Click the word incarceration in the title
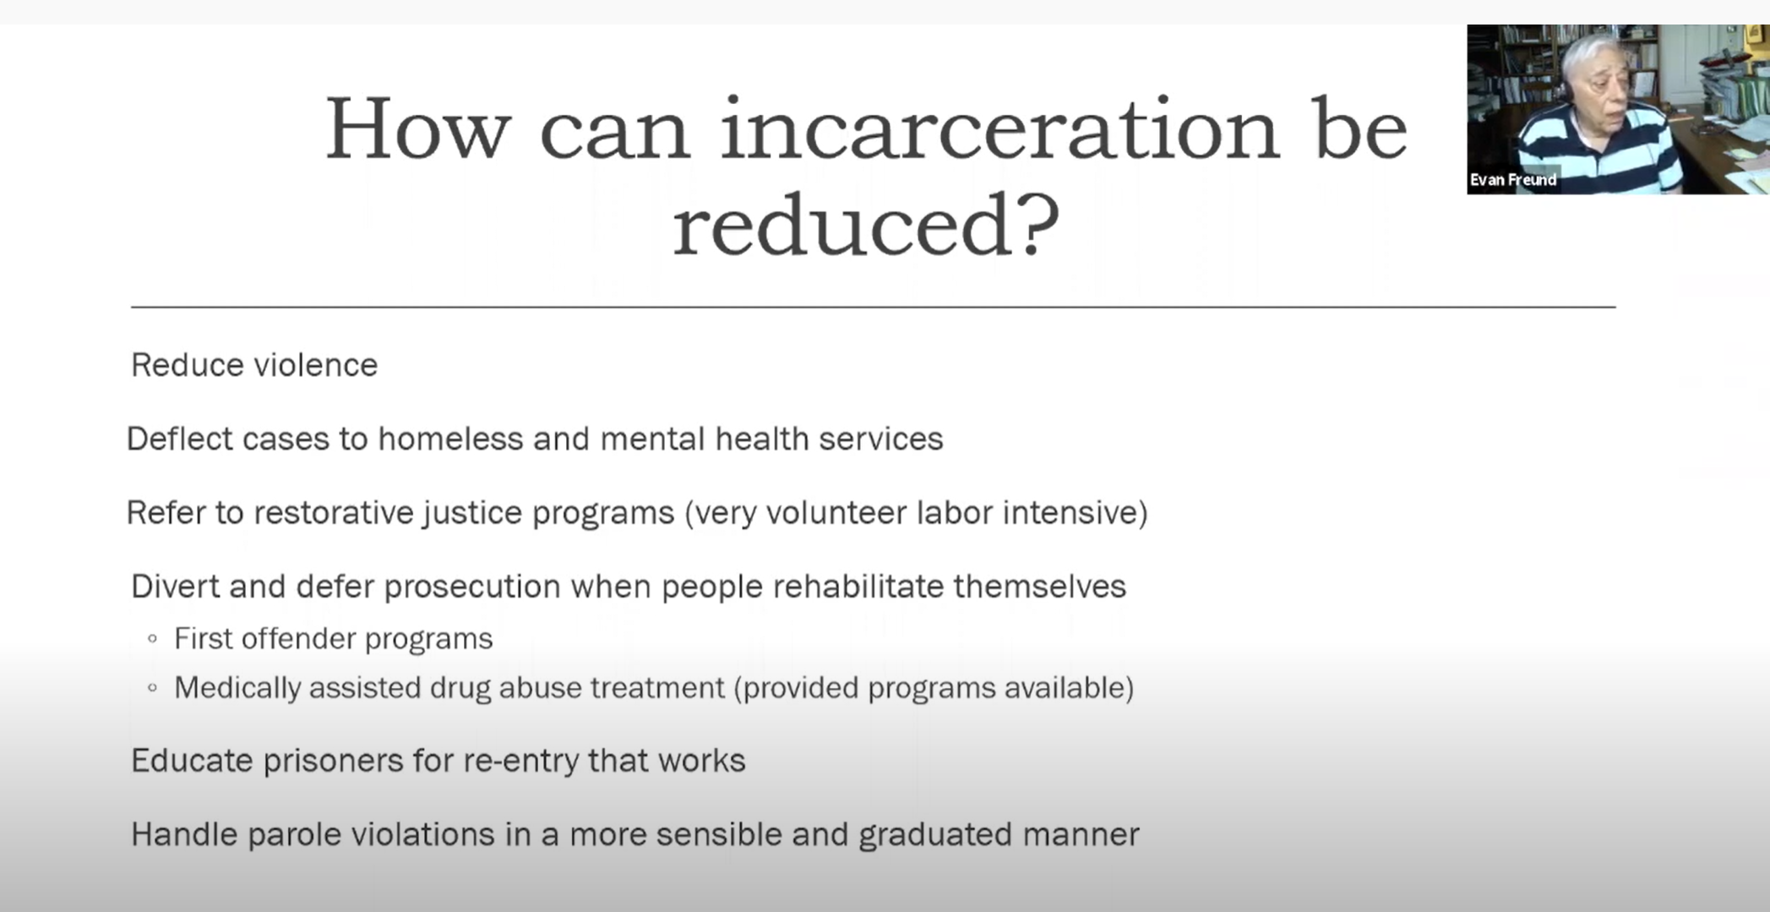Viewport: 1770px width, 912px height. click(999, 128)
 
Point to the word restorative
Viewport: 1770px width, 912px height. click(334, 512)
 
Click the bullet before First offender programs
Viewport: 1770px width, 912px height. click(152, 639)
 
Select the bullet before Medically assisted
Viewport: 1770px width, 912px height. click(152, 688)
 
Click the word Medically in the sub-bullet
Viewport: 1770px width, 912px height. click(237, 688)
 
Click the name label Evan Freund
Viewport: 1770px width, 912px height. click(1513, 180)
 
